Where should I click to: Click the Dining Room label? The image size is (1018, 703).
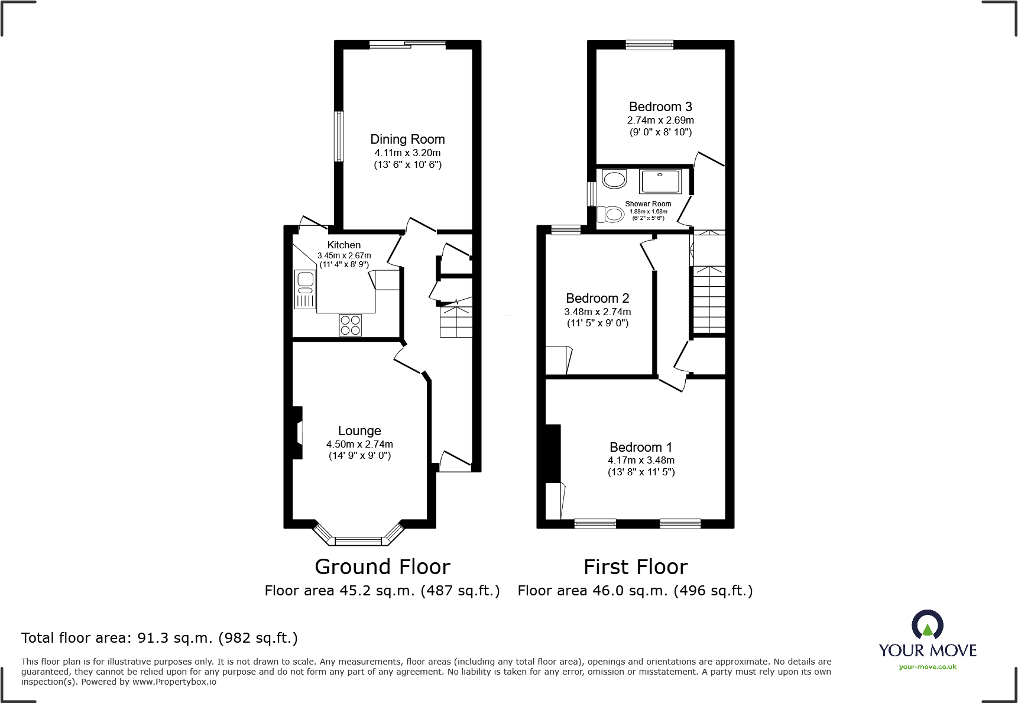[407, 140]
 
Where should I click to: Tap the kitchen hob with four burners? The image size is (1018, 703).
[350, 325]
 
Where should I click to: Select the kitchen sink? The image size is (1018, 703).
[305, 289]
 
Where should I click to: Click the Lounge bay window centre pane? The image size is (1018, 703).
[358, 540]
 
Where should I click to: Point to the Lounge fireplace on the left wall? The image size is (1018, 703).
[297, 433]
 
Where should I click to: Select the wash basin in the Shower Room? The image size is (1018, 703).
[614, 179]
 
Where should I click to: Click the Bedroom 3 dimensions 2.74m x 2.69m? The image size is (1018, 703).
[660, 120]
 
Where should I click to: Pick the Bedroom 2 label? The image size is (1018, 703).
[597, 299]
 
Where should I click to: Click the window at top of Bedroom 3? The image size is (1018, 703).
[649, 44]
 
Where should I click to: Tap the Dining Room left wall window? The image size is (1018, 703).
[339, 136]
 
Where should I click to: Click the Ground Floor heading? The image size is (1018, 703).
[382, 567]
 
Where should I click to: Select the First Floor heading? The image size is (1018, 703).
[636, 567]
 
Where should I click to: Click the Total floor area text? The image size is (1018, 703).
[160, 638]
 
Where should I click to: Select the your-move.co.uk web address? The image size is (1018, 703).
[927, 667]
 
